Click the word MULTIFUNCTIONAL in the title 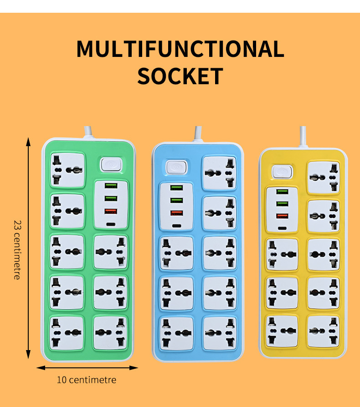click(180, 49)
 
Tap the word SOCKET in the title click(180, 76)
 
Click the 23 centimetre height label click(17, 249)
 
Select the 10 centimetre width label click(87, 380)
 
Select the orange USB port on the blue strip click(177, 213)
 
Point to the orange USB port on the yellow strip click(282, 216)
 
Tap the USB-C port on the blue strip click(177, 225)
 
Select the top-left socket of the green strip click(67, 169)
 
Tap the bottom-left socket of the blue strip click(177, 333)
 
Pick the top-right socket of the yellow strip click(323, 177)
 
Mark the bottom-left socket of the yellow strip click(282, 331)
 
